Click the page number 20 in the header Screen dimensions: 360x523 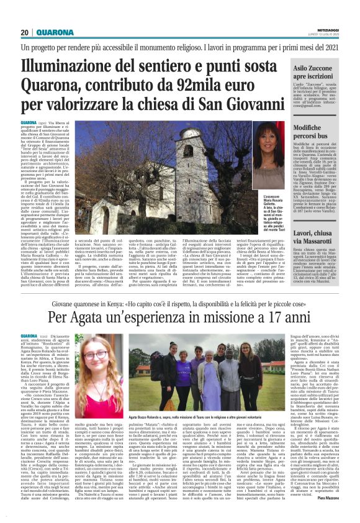[x=25, y=32]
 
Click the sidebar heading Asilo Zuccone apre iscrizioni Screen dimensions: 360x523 [x=315, y=76]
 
